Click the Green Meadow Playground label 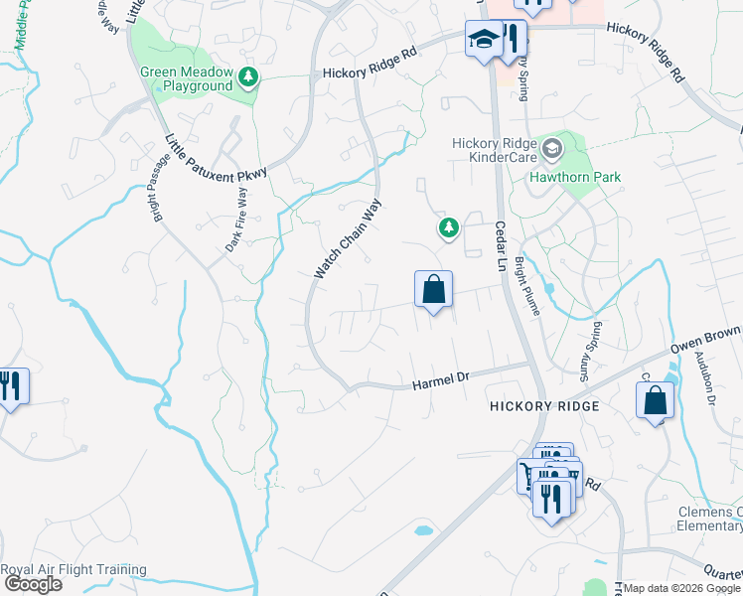pos(186,78)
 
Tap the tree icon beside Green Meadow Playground pos(247,76)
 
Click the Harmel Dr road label pos(440,378)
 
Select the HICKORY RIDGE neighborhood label pos(544,406)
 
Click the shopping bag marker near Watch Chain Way pos(433,291)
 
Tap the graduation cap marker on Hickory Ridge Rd pos(484,41)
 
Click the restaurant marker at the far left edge pos(10,384)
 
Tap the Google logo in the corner pos(32,584)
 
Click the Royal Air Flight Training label pos(74,570)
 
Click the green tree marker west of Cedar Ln pos(449,228)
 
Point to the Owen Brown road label pos(706,341)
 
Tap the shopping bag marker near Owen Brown pos(656,401)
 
